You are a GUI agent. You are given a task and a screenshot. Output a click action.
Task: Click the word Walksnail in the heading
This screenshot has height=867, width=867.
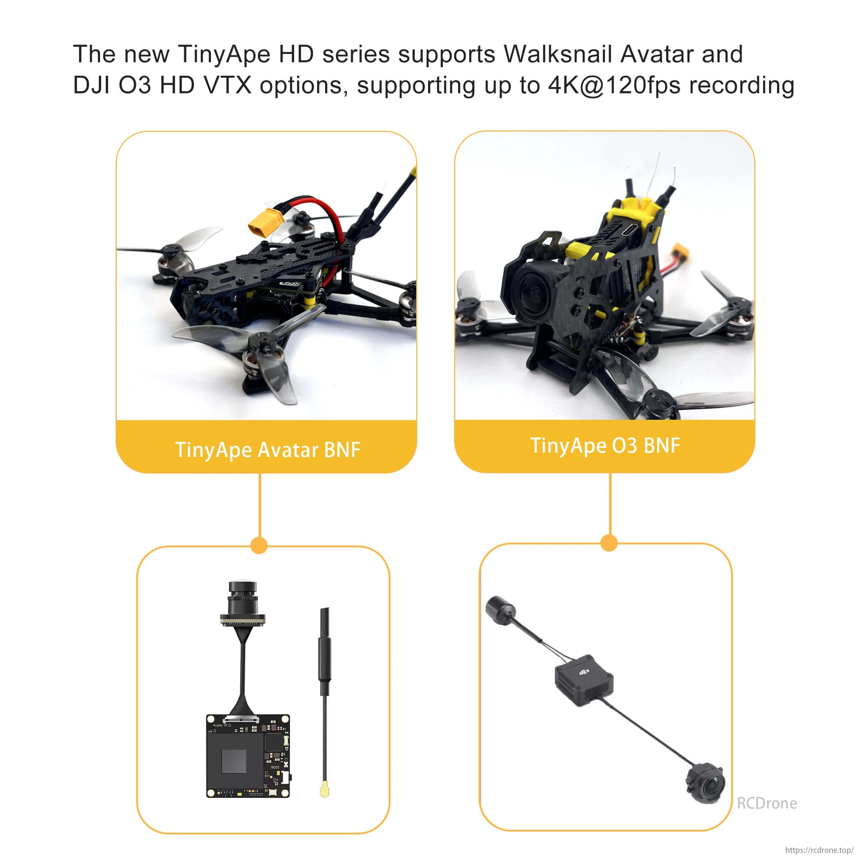click(x=558, y=54)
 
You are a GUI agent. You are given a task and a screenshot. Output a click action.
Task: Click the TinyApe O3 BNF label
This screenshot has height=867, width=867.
click(x=605, y=446)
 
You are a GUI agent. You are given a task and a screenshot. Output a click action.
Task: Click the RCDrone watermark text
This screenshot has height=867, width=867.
click(x=767, y=803)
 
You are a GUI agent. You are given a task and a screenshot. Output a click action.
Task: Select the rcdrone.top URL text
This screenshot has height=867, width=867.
click(x=819, y=850)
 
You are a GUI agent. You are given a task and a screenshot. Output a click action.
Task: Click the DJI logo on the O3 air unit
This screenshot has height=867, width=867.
click(x=583, y=672)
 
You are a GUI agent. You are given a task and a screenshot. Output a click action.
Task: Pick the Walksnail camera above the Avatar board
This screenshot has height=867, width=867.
click(x=243, y=604)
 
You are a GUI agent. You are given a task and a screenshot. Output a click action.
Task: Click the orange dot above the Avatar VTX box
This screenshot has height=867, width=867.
click(x=259, y=545)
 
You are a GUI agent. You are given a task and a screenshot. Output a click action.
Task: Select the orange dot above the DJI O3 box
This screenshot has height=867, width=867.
click(x=609, y=543)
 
